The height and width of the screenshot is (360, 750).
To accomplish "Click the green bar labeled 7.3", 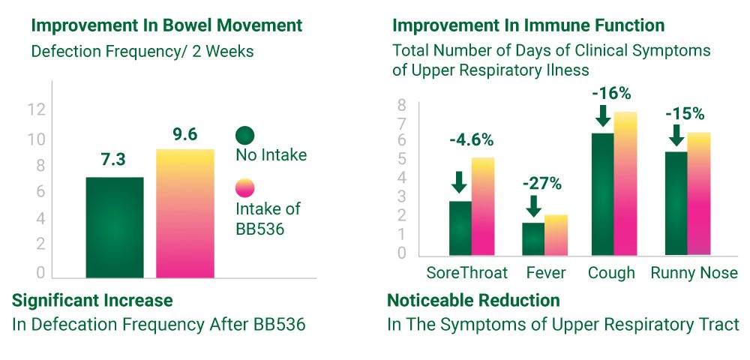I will tap(114, 227).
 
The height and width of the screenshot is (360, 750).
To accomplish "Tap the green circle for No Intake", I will tap(244, 136).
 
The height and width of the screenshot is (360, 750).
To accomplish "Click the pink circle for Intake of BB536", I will tap(244, 189).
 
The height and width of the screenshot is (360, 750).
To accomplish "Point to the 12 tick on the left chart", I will tap(36, 109).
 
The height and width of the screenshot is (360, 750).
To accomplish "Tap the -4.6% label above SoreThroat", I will tap(472, 139).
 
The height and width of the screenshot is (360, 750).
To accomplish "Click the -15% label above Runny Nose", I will tap(684, 114).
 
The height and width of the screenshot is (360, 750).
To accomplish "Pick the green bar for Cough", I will tap(602, 194).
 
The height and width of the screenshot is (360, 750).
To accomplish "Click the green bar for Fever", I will tap(533, 239).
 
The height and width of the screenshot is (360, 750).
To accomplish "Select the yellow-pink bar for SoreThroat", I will tap(483, 206).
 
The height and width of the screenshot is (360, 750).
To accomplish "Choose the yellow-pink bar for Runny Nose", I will tap(699, 193).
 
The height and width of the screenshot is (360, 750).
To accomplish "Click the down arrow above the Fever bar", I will tap(533, 206).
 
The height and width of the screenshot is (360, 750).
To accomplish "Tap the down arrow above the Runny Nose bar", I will tap(676, 135).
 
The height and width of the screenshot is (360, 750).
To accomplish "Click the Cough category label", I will tap(611, 272).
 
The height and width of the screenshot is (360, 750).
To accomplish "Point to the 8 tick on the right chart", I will tap(402, 104).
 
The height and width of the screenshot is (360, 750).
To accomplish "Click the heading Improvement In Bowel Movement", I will tap(166, 25).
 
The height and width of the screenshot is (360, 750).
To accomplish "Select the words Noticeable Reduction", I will tap(473, 301).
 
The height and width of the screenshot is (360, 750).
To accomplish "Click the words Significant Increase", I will tap(92, 301).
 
